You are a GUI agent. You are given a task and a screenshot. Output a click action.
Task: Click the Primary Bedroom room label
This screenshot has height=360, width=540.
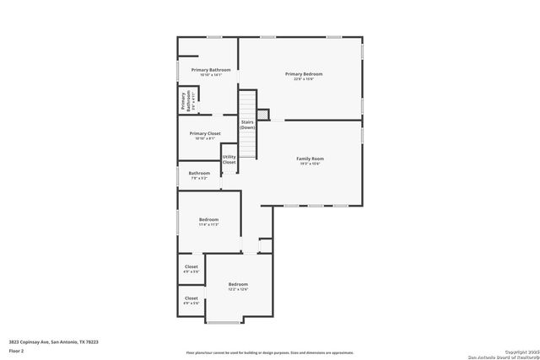coord(304,74)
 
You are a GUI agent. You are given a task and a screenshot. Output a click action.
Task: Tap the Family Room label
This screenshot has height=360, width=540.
coord(310,159)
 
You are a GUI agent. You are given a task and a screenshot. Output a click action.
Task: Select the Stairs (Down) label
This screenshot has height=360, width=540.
coord(248,125)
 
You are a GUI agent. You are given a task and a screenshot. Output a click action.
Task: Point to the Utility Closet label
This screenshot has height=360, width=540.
coord(229,159)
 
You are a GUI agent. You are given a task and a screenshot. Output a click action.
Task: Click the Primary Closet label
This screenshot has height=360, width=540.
coord(205,133)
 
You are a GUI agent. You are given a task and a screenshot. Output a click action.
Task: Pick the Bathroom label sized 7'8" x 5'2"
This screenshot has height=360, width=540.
coord(200,173)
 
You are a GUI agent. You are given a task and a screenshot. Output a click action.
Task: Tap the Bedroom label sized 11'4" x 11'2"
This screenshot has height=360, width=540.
coord(208,219)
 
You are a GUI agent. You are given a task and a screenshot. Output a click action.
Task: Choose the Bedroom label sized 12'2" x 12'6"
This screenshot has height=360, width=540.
coord(238,284)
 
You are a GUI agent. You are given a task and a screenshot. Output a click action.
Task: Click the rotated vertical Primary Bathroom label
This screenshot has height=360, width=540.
coord(183,100)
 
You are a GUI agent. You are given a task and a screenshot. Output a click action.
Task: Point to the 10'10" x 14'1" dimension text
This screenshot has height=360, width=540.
coord(210,75)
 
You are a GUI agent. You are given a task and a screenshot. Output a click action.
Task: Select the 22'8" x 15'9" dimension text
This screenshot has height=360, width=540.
coord(304,79)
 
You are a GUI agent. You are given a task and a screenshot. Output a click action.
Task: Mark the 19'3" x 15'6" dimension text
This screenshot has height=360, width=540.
coord(310,164)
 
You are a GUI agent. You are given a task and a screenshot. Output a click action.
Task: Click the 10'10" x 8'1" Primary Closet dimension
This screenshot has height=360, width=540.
coord(205,138)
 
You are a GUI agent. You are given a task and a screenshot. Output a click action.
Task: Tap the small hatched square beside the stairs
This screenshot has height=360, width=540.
coord(262,113)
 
